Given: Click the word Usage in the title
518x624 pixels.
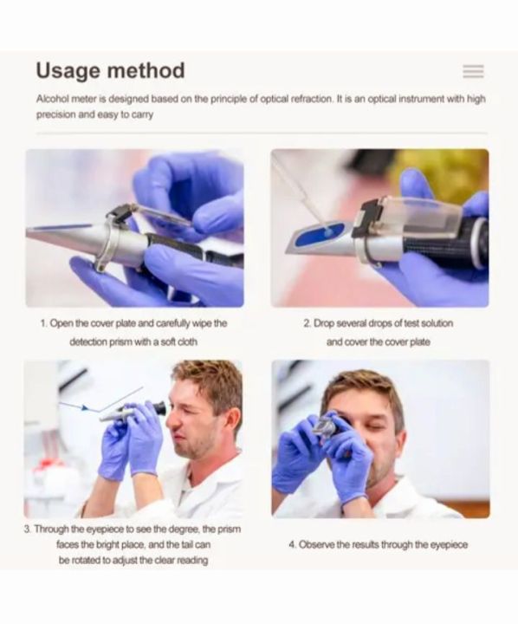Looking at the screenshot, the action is [x=68, y=72].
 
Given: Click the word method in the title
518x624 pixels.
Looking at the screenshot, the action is [x=146, y=70].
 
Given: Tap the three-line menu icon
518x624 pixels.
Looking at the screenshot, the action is [x=474, y=72].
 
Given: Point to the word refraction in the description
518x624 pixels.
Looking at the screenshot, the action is [x=312, y=99].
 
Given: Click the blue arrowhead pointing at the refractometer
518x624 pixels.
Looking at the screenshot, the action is [x=85, y=407].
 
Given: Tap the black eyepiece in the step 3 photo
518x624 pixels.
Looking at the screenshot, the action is [x=159, y=408].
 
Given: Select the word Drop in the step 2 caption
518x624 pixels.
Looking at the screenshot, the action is [x=324, y=323].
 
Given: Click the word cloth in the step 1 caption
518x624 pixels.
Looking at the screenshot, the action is [x=186, y=341].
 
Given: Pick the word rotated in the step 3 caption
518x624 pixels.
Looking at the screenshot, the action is [x=85, y=561].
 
